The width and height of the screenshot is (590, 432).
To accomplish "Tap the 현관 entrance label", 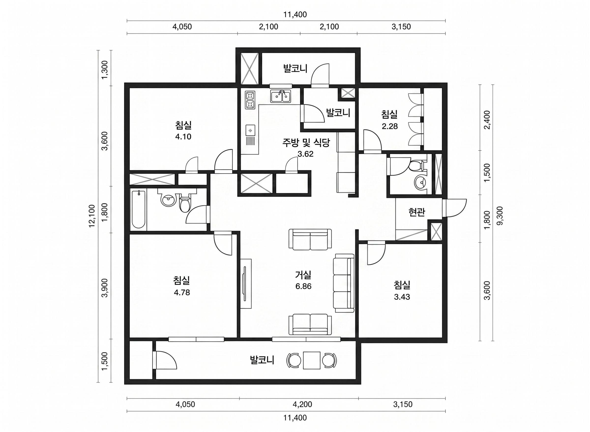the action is pyautogui.click(x=417, y=212).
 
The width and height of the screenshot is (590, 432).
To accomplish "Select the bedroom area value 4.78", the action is pyautogui.click(x=182, y=292).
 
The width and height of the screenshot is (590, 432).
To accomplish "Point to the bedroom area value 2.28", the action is pyautogui.click(x=390, y=126).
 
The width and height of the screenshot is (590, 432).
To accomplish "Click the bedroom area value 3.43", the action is pyautogui.click(x=402, y=297).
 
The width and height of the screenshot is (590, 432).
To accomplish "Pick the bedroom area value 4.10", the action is pyautogui.click(x=183, y=136).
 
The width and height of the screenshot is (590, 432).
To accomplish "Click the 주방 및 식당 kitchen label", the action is pyautogui.click(x=306, y=143).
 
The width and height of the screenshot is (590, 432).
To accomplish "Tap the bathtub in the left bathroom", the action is pyautogui.click(x=139, y=209).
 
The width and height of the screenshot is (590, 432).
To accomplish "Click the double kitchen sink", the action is pyautogui.click(x=280, y=96).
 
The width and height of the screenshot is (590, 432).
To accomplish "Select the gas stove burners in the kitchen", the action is pyautogui.click(x=250, y=100).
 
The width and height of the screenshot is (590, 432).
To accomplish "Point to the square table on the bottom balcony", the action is pyautogui.click(x=312, y=361).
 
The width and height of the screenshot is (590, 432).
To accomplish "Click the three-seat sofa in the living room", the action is pyautogui.click(x=343, y=283).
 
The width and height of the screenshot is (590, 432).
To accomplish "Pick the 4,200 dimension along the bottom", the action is pyautogui.click(x=302, y=404).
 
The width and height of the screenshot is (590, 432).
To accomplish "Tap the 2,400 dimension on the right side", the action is pyautogui.click(x=487, y=120).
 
